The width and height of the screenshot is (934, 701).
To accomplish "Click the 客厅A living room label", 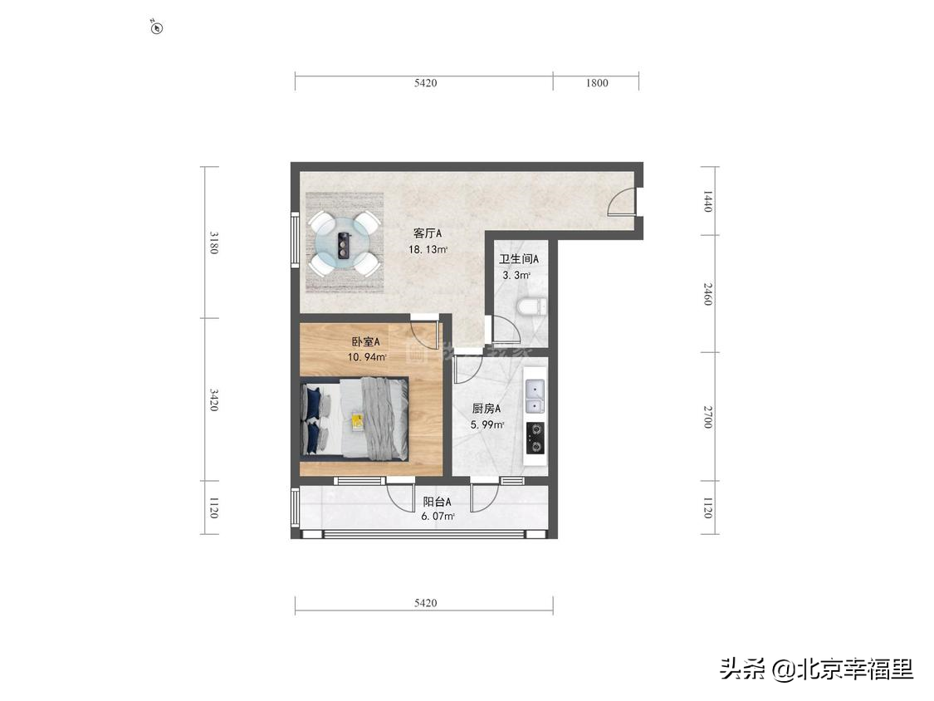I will (427, 233).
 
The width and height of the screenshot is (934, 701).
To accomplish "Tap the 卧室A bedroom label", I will (365, 341).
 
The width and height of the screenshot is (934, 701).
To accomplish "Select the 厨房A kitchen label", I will (486, 408).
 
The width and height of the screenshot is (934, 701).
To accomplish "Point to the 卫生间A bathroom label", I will (519, 259).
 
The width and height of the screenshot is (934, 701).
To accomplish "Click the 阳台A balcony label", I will (437, 502).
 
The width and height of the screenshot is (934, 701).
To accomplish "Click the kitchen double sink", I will (535, 396).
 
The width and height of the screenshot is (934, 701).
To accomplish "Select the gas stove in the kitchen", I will (535, 439).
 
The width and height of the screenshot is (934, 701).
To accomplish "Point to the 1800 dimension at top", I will (596, 82).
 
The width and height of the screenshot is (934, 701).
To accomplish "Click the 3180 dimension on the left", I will (214, 242).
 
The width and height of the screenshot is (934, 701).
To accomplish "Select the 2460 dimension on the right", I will (707, 293).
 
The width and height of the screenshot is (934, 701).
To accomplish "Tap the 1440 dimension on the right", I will (707, 201).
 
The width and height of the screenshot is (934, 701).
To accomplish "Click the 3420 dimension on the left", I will (214, 400).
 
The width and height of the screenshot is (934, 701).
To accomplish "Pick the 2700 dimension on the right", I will (707, 417).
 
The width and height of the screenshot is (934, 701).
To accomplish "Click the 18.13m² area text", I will (428, 249).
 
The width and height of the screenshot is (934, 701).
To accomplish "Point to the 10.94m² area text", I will (366, 357).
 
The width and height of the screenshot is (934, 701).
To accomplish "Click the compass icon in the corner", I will (157, 27).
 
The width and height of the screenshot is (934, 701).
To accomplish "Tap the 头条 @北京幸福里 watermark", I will (817, 669).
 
